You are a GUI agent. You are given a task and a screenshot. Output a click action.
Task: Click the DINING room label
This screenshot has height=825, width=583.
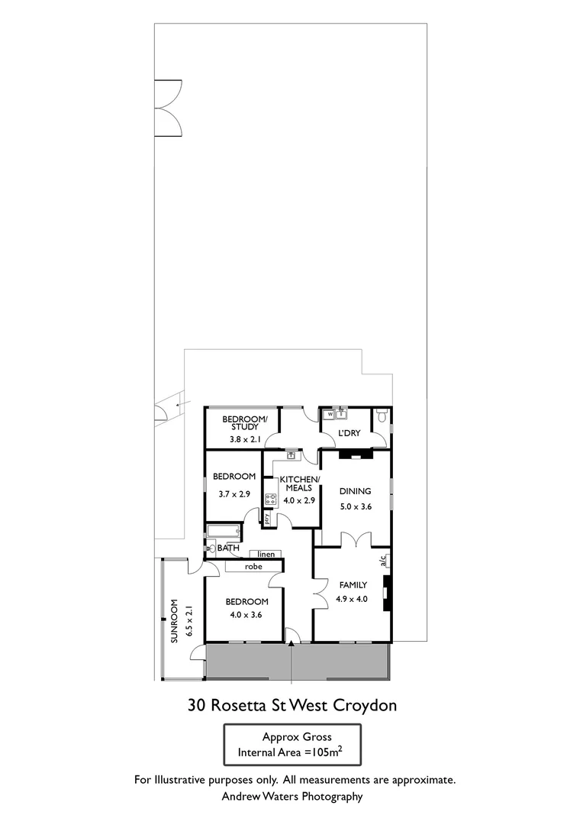click(355, 491)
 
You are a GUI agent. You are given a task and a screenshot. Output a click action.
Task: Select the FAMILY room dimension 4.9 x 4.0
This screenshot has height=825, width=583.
click(352, 599)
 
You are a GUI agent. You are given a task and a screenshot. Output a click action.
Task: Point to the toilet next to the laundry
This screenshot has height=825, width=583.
click(381, 416)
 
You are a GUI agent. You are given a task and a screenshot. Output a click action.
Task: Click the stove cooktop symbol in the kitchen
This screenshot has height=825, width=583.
click(270, 499)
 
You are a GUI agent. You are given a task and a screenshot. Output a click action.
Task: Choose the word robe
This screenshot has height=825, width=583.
click(254, 567)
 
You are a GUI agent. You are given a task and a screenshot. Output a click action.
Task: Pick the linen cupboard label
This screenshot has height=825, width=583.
click(266, 553)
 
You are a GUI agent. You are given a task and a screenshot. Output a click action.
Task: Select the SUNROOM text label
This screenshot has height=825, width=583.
click(174, 623)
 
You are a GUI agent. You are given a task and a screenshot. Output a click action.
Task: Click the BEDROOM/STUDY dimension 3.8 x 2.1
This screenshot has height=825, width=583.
click(245, 440)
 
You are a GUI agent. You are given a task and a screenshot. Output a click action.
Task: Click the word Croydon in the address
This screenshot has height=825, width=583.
click(368, 705)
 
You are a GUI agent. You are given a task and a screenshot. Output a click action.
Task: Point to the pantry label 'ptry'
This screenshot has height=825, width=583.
click(268, 518)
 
